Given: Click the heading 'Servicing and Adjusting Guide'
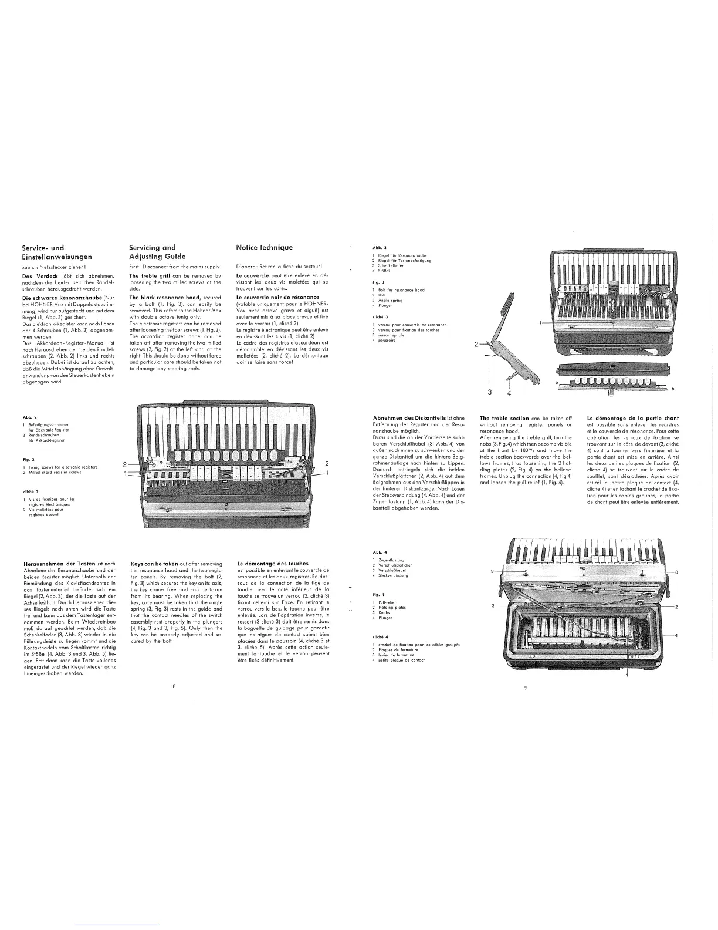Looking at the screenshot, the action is pos(157,252).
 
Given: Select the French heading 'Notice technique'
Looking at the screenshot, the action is pos(264,247).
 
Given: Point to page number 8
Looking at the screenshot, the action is pos(174,685).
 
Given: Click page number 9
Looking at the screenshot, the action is pos(525,688).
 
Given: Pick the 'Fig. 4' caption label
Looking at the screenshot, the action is pos(378,594).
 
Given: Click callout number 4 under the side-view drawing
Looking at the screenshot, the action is pos(509,393).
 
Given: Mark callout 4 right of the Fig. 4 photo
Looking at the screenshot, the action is pos(676,636).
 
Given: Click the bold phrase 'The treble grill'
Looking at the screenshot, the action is pos(149,275).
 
